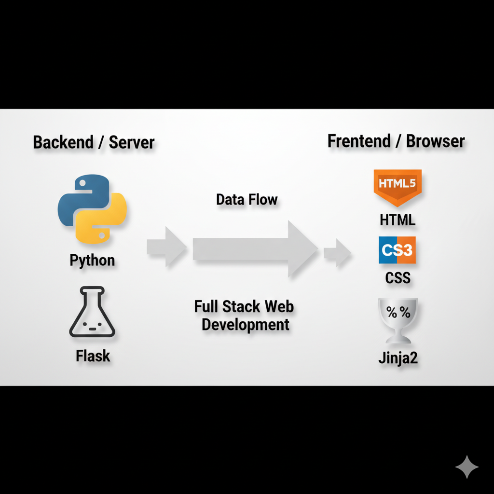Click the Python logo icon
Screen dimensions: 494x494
click(x=92, y=208)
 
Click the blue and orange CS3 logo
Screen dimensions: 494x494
click(x=397, y=250)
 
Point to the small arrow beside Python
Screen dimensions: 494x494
click(x=167, y=247)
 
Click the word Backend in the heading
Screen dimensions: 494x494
click(x=63, y=143)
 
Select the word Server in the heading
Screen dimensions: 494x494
click(x=132, y=143)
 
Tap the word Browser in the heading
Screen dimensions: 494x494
click(x=435, y=141)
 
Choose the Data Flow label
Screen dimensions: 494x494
click(x=247, y=200)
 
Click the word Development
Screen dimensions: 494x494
click(x=246, y=325)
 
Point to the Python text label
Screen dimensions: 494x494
click(x=92, y=261)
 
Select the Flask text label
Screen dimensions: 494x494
click(x=93, y=356)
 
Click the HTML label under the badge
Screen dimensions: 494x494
click(x=398, y=220)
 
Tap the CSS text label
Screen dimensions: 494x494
click(x=398, y=278)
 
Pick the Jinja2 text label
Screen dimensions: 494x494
click(x=398, y=359)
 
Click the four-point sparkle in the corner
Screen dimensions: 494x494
click(x=467, y=467)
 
